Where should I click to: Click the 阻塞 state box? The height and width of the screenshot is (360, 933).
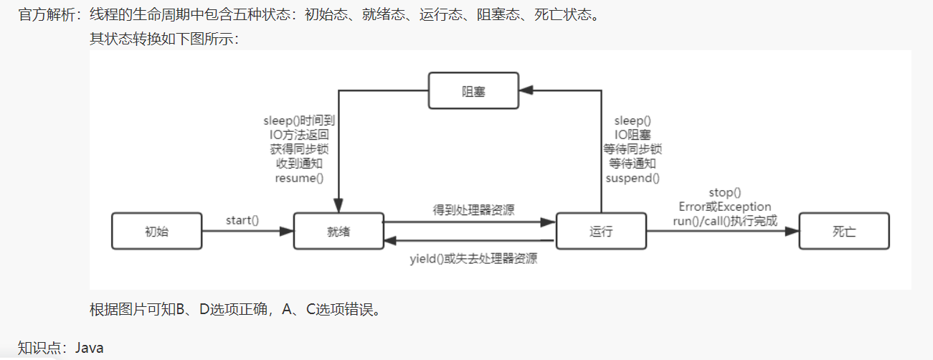pyautogui.click(x=473, y=91)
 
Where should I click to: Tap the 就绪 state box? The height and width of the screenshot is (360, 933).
pyautogui.click(x=338, y=231)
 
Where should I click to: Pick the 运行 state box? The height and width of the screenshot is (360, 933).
pyautogui.click(x=601, y=231)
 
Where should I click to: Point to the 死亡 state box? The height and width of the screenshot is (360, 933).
pyautogui.click(x=844, y=231)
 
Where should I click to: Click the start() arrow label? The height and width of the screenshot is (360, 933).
pyautogui.click(x=242, y=219)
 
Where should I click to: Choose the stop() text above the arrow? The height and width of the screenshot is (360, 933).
pyautogui.click(x=724, y=192)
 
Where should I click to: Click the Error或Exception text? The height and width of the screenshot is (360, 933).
pyautogui.click(x=724, y=207)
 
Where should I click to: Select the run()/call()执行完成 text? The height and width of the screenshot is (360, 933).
pyautogui.click(x=724, y=221)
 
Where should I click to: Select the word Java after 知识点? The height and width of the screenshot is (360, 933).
pyautogui.click(x=90, y=348)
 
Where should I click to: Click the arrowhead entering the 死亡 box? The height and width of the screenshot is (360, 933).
pyautogui.click(x=792, y=231)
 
